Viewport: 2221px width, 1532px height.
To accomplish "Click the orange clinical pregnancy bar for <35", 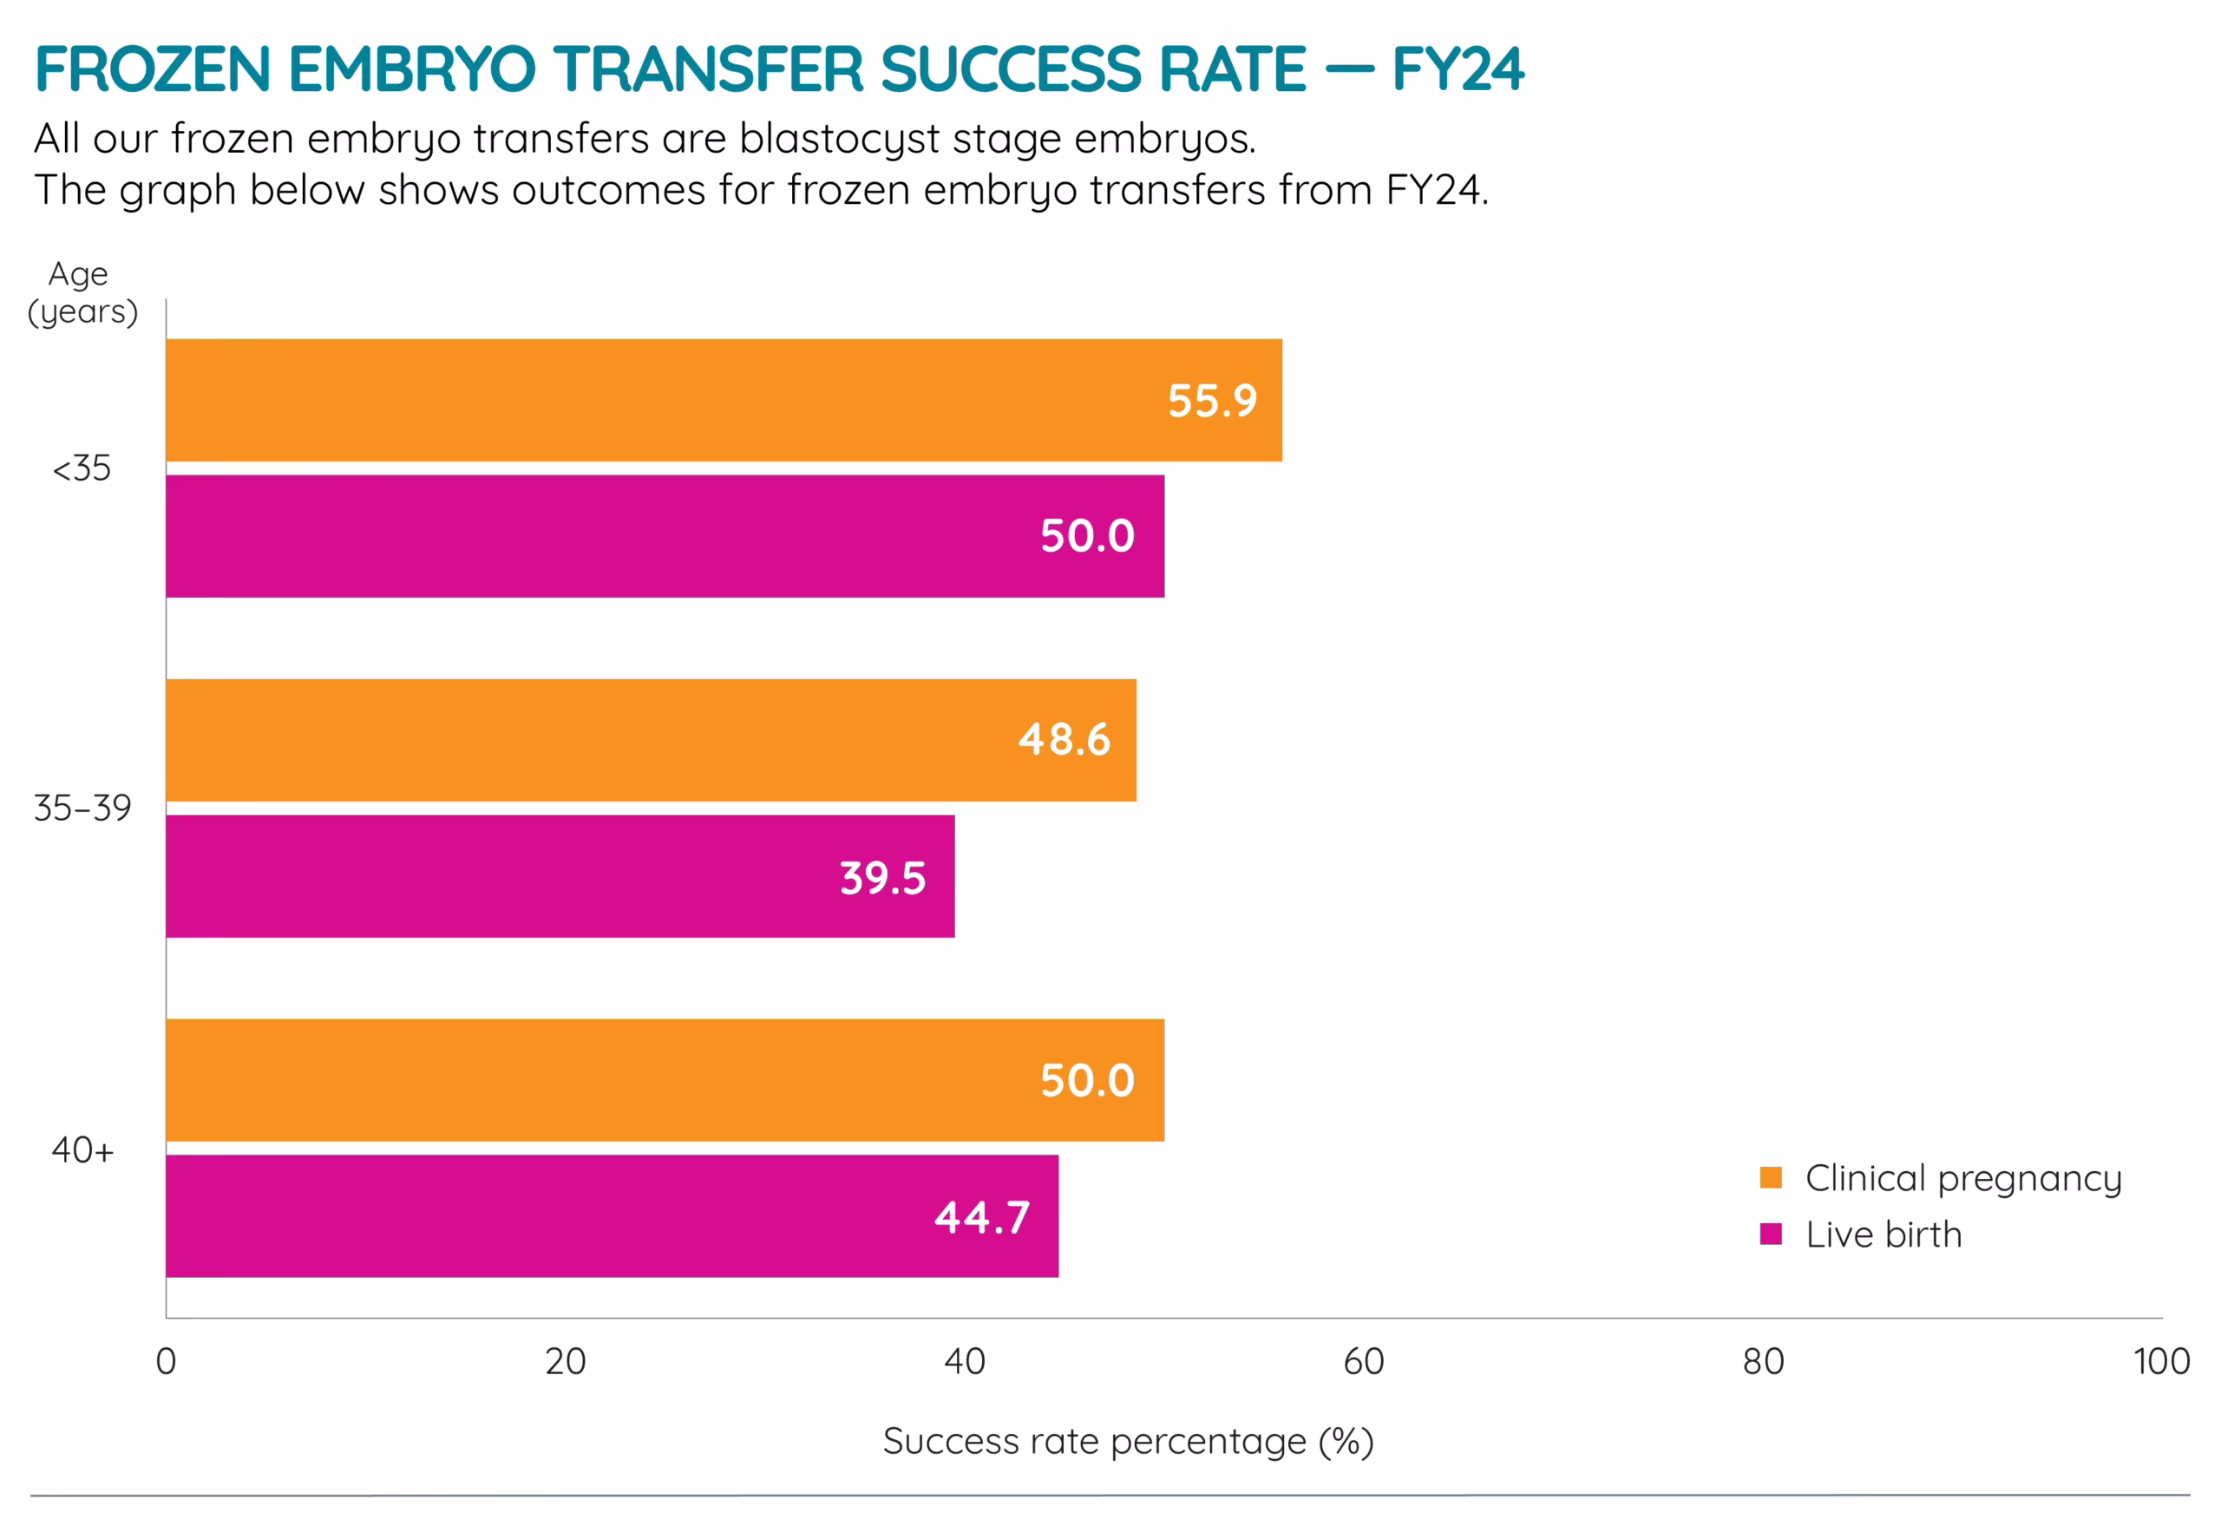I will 672,400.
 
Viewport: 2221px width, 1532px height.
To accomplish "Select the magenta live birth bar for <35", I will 624,537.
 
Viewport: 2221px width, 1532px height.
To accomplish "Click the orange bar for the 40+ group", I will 624,1080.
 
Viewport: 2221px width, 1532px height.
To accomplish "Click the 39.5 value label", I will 883,878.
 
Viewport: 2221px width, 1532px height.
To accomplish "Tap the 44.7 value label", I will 982,1218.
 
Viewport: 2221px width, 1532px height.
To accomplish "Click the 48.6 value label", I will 1065,740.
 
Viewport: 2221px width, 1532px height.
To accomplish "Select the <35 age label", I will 82,469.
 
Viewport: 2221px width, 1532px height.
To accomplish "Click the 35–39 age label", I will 82,809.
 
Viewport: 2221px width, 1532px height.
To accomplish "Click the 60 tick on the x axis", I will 1364,1362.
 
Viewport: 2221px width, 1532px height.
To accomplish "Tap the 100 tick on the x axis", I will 2161,1362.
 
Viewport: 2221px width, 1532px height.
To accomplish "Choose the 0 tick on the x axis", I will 166,1362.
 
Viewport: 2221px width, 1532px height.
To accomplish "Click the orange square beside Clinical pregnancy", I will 1771,1178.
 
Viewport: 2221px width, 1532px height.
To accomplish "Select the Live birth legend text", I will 1884,1235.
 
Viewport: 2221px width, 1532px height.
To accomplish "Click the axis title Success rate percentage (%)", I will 1128,1442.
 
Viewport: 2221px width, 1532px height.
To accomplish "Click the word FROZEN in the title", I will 154,70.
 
